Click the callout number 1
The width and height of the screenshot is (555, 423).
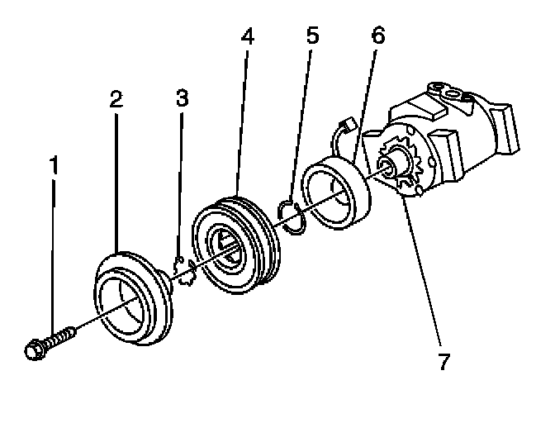point(55,165)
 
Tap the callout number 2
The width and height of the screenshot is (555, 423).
point(116,99)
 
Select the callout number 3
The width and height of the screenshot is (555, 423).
point(182,97)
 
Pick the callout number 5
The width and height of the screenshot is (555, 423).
point(312,37)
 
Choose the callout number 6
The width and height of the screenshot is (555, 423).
point(378,37)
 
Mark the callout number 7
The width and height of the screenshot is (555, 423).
point(444,362)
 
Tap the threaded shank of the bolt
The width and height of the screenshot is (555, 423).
point(62,337)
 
